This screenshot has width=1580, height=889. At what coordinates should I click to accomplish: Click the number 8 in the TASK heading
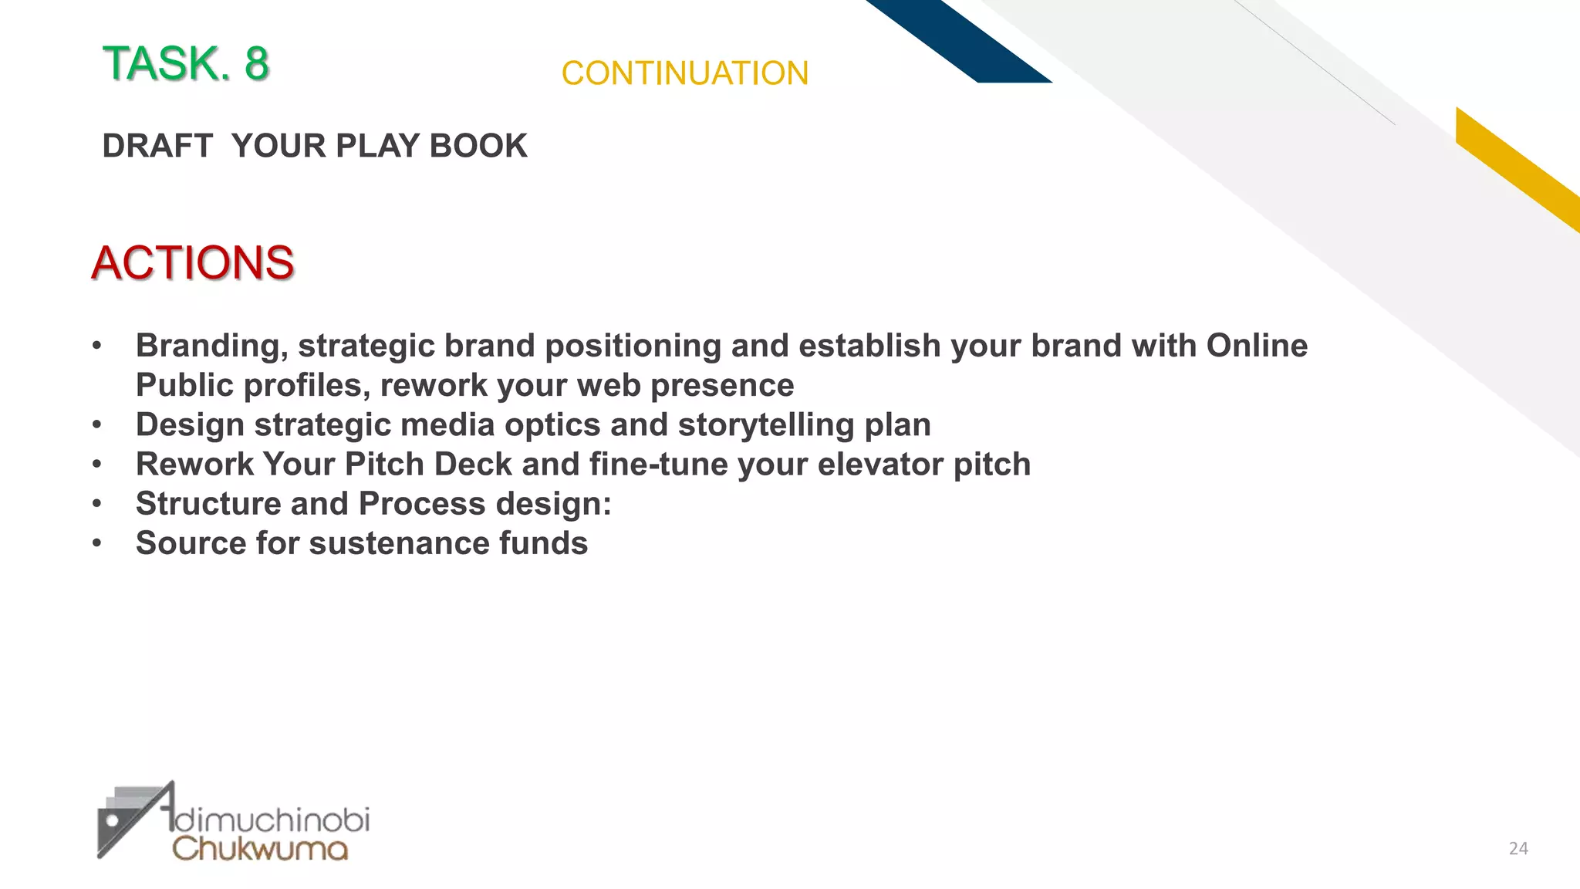click(256, 63)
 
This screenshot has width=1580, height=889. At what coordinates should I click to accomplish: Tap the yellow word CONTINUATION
click(684, 74)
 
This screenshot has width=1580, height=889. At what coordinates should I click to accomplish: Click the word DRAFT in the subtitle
click(157, 146)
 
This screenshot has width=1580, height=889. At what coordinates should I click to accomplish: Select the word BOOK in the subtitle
click(478, 146)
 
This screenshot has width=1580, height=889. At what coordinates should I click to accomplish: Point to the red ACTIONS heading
click(193, 262)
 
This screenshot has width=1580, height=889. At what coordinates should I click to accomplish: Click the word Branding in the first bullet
click(212, 346)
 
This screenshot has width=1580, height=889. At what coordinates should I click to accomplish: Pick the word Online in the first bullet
click(1257, 346)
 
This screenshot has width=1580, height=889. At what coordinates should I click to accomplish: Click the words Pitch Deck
click(428, 464)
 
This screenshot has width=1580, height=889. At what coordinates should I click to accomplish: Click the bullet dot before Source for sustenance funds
click(96, 543)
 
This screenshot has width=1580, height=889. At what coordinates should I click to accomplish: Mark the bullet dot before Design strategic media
click(96, 424)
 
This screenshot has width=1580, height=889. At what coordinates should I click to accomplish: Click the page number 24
click(1518, 849)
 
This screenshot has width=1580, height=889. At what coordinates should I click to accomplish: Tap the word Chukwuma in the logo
click(260, 848)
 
